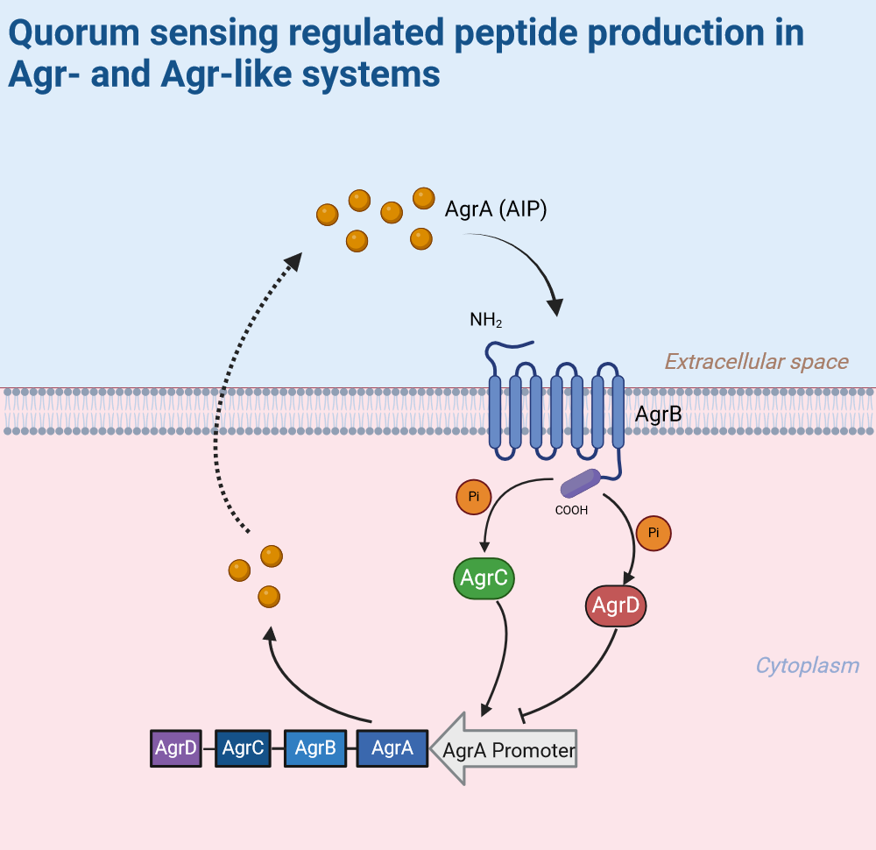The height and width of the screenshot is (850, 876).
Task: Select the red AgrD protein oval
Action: click(616, 606)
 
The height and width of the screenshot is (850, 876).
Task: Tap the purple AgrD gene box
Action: click(175, 748)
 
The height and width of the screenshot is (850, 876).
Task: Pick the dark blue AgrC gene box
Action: click(243, 748)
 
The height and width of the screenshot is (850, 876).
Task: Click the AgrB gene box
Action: click(315, 748)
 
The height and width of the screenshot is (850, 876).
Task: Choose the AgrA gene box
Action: click(392, 748)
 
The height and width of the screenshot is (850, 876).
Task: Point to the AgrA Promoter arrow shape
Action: click(504, 750)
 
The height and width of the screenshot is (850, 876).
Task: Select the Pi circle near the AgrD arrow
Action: click(653, 534)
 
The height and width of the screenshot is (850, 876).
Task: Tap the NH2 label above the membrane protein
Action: click(486, 321)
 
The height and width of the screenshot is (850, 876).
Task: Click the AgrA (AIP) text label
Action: click(496, 209)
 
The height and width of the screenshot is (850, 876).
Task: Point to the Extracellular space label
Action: click(756, 361)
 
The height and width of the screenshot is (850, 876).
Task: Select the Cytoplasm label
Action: click(807, 665)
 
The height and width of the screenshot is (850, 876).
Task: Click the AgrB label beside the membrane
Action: click(658, 414)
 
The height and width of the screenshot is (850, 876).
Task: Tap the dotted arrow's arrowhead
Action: click(294, 260)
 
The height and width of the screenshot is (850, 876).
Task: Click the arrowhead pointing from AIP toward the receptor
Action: click(555, 307)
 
